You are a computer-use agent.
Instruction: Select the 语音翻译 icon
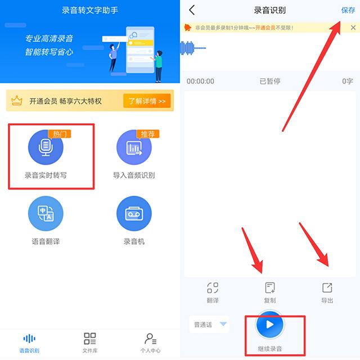46,215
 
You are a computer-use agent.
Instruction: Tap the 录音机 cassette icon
134,215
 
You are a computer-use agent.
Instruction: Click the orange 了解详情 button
146,101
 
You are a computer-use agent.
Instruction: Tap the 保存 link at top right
348,10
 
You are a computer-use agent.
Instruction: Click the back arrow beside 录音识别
192,10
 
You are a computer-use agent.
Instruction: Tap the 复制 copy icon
270,288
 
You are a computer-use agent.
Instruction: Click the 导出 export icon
327,288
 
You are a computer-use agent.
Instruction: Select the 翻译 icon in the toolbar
213,288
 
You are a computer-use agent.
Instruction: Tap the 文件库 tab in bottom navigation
90,339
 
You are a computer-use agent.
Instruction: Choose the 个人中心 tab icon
150,339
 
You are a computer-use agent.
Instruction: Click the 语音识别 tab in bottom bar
29,339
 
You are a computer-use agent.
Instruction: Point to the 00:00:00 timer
200,82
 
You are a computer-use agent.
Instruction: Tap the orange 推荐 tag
148,134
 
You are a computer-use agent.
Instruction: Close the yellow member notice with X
353,27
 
